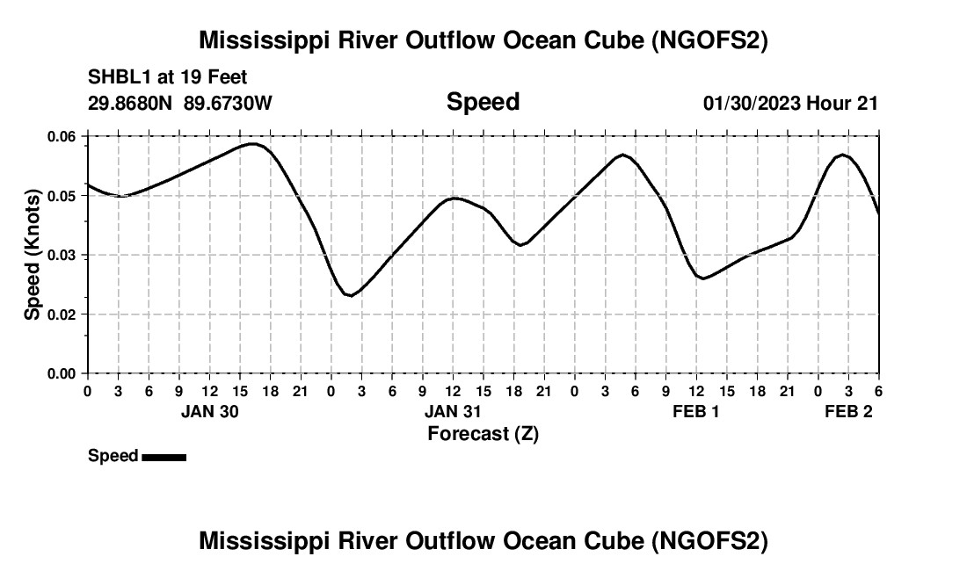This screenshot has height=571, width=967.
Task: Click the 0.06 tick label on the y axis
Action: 62,136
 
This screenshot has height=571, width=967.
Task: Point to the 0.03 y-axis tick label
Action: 62,255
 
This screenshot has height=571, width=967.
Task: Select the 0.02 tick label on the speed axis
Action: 62,314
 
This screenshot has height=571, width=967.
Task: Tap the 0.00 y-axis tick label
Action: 62,373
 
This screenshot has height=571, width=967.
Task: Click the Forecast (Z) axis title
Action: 483,434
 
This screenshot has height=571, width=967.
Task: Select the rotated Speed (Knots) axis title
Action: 33,254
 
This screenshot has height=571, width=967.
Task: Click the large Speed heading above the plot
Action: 483,102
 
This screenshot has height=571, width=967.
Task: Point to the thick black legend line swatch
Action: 164,457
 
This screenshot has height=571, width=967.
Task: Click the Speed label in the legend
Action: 113,456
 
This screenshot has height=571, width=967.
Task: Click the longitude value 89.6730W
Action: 228,103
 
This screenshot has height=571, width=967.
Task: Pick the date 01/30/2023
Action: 752,103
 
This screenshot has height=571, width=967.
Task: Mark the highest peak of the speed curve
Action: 253,143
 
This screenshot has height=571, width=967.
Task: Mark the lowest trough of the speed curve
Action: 351,296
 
